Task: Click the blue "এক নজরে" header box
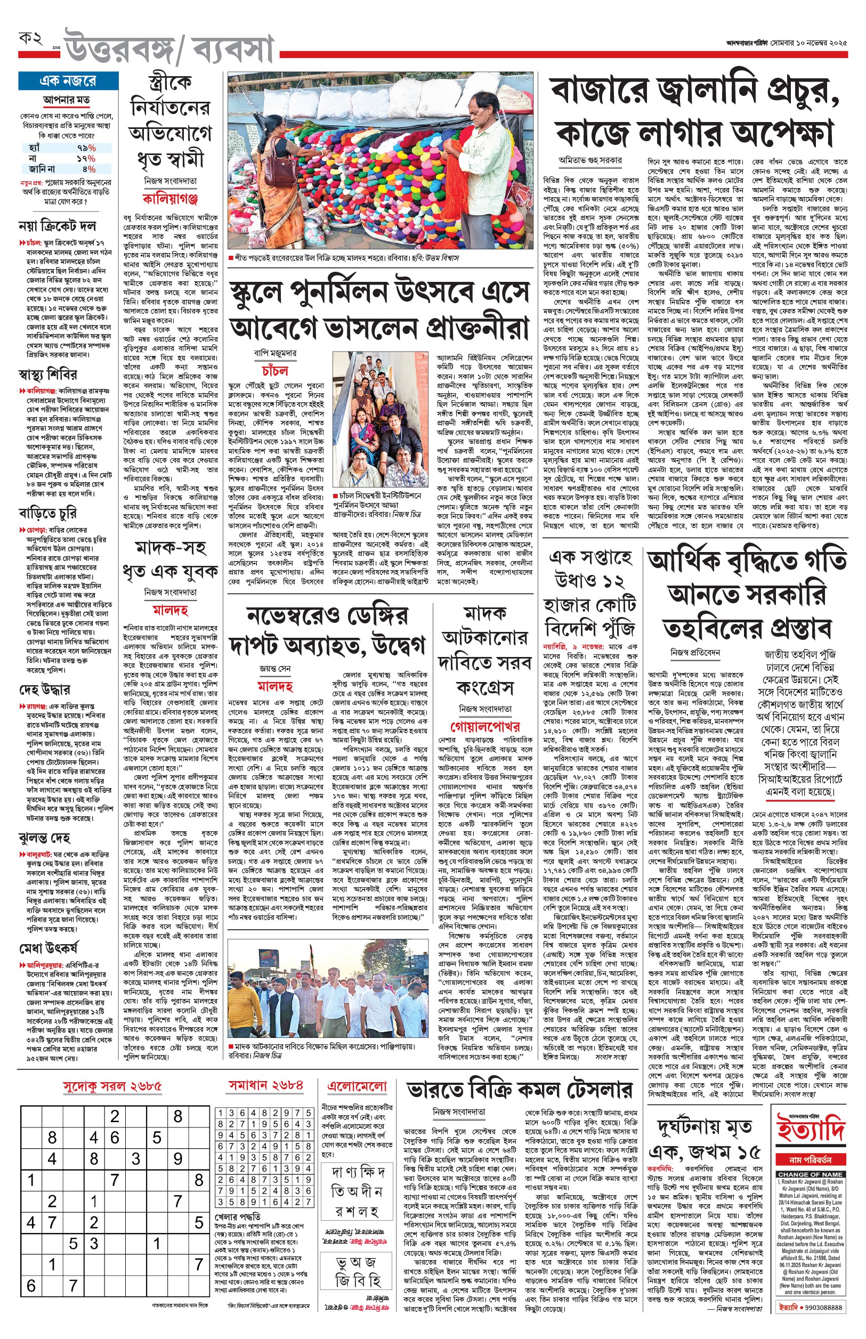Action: tap(68, 81)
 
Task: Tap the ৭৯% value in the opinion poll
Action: tap(86, 148)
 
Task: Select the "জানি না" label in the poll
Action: tap(42, 168)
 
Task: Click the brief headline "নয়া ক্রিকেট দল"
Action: tap(57, 226)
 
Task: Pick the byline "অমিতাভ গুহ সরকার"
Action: tap(590, 160)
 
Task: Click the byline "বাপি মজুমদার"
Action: tap(275, 354)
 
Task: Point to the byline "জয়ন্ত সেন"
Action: tap(275, 668)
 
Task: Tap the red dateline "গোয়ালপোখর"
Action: tap(485, 726)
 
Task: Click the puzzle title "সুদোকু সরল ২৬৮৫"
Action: tap(112, 1086)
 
